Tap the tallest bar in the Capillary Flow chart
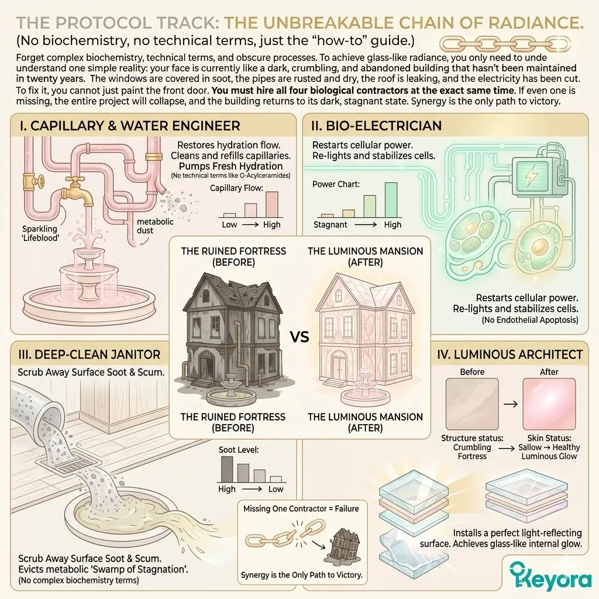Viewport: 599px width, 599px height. [271, 204]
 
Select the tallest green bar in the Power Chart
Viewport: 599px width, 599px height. [391, 200]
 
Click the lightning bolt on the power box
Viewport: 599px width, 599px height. [531, 175]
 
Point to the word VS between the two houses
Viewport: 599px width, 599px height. [299, 337]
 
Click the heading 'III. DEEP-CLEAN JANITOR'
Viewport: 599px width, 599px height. [89, 354]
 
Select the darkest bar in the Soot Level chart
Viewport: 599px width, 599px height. [227, 469]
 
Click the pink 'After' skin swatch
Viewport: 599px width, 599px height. [549, 404]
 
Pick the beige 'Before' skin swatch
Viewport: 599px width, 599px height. [472, 404]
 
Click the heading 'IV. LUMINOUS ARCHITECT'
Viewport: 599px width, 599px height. [510, 354]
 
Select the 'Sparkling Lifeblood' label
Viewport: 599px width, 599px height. [40, 233]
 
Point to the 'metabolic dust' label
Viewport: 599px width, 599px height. [154, 226]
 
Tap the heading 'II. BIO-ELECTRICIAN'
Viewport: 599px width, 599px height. [376, 126]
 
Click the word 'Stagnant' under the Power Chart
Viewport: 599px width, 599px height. [331, 225]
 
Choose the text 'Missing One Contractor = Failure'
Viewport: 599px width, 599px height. [301, 509]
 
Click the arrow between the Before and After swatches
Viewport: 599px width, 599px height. [511, 404]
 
